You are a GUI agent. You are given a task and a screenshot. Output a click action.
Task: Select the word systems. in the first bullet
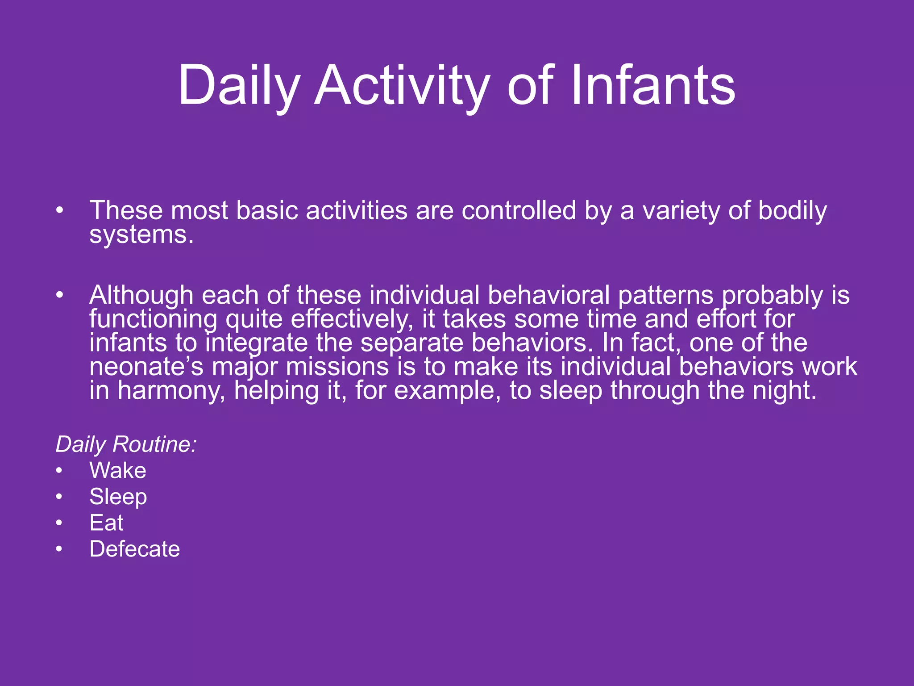141,234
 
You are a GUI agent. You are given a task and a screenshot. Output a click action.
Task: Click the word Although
141,295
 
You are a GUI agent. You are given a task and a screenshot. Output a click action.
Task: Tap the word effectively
352,319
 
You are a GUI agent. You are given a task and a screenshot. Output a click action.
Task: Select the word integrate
257,343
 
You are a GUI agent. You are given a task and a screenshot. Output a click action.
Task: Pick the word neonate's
146,367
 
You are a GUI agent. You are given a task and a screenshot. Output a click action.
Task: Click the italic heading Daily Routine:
126,444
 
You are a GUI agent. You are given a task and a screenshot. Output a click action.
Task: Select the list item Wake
118,470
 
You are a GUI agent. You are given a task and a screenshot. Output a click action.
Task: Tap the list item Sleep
118,497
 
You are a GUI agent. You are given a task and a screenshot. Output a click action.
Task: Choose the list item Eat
106,523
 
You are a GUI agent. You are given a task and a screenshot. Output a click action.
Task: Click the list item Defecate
134,549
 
